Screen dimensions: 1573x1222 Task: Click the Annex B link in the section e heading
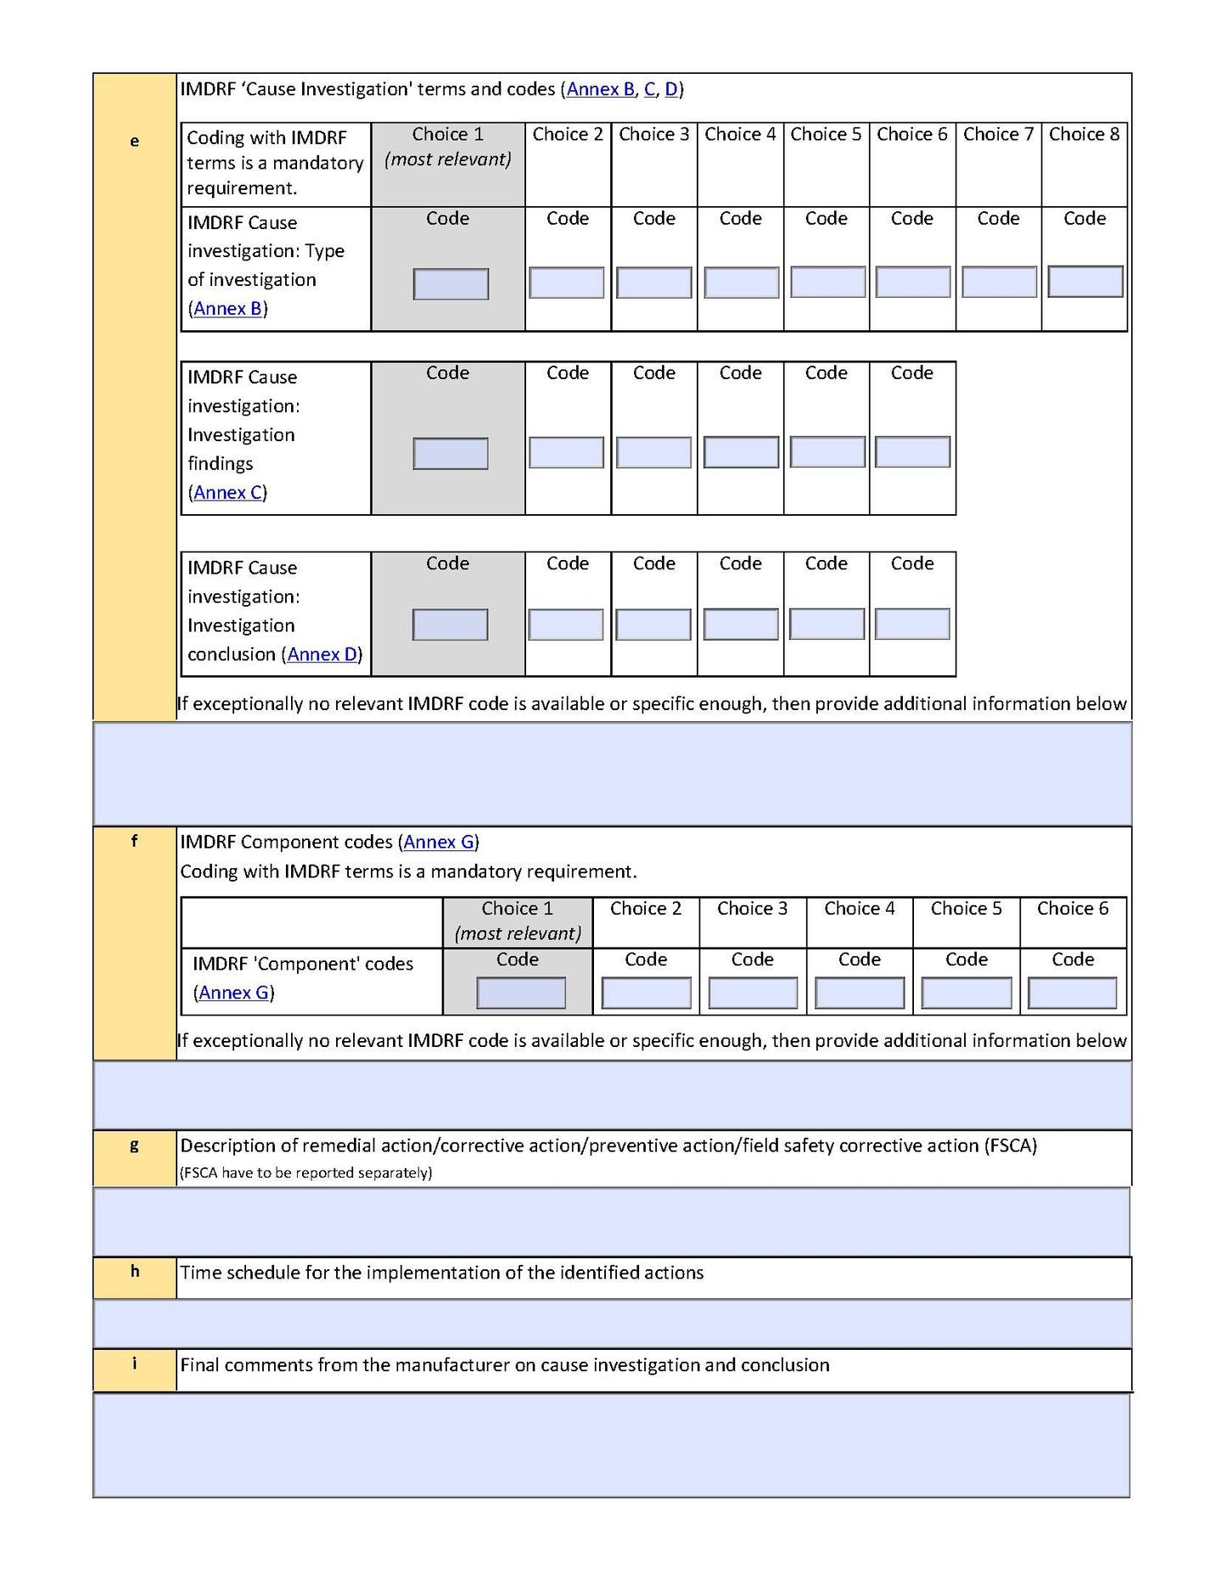[x=600, y=89]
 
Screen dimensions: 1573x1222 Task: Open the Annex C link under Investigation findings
[x=227, y=492]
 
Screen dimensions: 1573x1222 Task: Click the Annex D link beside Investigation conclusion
[x=322, y=654]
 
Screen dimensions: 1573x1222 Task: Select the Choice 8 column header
[x=1084, y=134]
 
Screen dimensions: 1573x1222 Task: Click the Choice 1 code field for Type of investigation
[x=451, y=283]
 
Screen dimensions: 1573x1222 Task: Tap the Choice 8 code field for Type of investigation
[x=1085, y=282]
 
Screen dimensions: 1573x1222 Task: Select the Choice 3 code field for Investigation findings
[x=653, y=452]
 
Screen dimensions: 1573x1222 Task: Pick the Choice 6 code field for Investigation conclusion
[x=912, y=624]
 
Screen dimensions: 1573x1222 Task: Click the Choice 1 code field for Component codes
[x=520, y=993]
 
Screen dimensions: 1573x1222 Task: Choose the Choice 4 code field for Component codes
[x=860, y=993]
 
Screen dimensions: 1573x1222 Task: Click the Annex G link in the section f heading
[x=439, y=842]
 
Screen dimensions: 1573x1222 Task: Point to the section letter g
[x=134, y=1145]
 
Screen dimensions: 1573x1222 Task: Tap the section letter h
[x=134, y=1271]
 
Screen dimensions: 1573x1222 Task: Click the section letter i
[x=134, y=1363]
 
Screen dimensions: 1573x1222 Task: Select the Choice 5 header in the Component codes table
[x=966, y=909]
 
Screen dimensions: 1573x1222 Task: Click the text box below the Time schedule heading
[x=611, y=1323]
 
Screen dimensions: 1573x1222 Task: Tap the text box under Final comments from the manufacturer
[x=611, y=1445]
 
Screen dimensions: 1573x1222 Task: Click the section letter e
[x=134, y=141]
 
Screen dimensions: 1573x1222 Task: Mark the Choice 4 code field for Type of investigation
[x=741, y=283]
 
